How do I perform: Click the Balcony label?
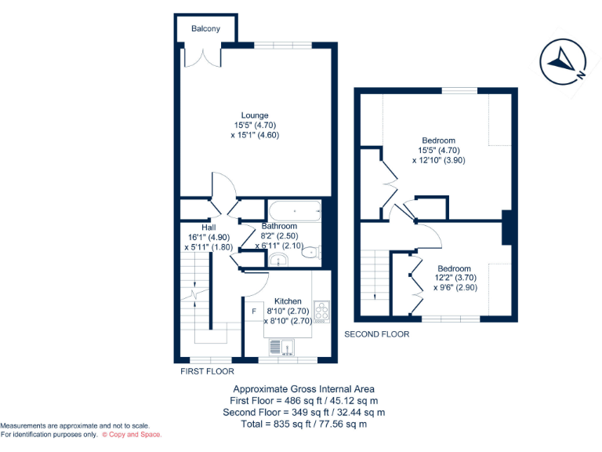(x=206, y=29)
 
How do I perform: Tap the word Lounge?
(x=255, y=115)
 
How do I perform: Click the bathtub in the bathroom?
(x=294, y=210)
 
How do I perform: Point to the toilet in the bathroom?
(x=311, y=252)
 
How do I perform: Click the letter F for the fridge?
(x=253, y=312)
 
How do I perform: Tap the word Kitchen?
(x=288, y=301)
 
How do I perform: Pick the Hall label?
(x=209, y=227)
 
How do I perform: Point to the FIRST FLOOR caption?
(x=207, y=371)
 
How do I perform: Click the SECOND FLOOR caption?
(x=377, y=334)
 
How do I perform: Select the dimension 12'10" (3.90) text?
(x=439, y=160)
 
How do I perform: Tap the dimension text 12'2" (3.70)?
(x=454, y=278)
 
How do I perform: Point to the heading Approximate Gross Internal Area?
(x=304, y=388)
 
